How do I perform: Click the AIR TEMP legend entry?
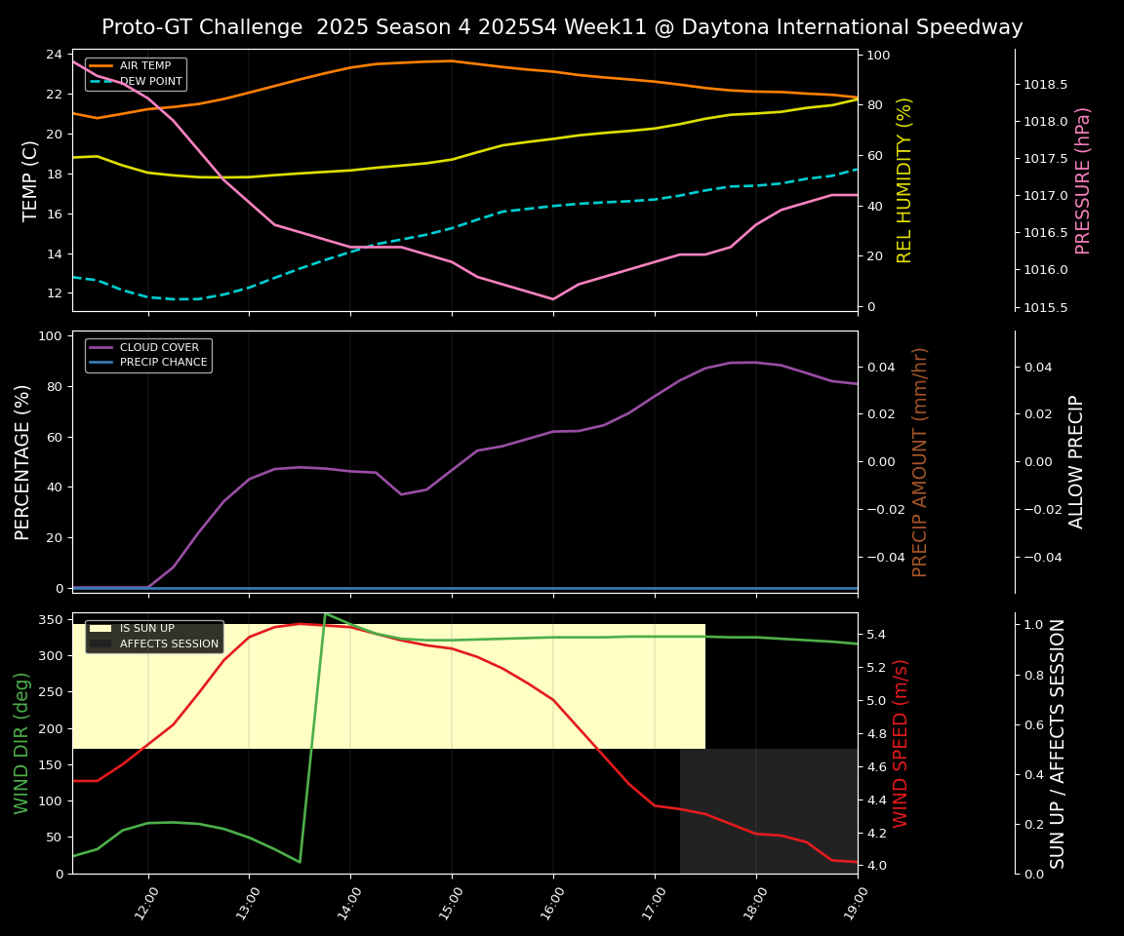pyautogui.click(x=144, y=66)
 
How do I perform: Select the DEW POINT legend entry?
pyautogui.click(x=150, y=81)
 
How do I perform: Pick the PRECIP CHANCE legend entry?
pyautogui.click(x=163, y=363)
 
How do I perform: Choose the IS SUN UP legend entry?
pyautogui.click(x=146, y=629)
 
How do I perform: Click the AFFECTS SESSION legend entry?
pyautogui.click(x=169, y=643)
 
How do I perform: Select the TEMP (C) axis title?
pyautogui.click(x=30, y=180)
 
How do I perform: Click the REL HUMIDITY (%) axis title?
pyautogui.click(x=904, y=180)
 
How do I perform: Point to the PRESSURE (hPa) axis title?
pyautogui.click(x=1083, y=180)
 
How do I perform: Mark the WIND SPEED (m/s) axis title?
pyautogui.click(x=901, y=743)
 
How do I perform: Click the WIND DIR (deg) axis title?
pyautogui.click(x=21, y=743)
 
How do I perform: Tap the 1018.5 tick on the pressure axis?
pyautogui.click(x=1045, y=85)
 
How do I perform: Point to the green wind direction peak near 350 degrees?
pyautogui.click(x=325, y=613)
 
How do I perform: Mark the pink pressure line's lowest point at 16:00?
pyautogui.click(x=553, y=299)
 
